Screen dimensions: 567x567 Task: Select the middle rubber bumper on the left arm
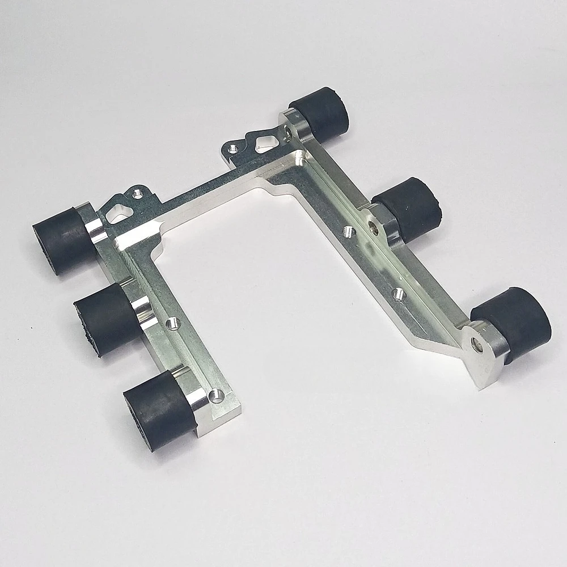pos(107,319)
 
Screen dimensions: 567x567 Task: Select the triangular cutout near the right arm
pos(264,141)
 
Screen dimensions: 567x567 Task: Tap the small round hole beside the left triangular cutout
pos(137,194)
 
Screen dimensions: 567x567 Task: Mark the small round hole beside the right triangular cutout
pos(232,150)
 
